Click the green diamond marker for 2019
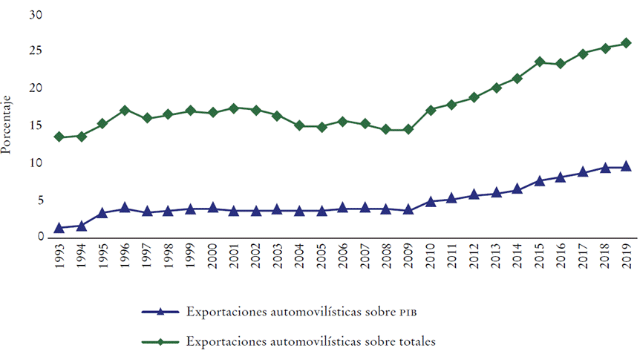625,43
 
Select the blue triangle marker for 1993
59,228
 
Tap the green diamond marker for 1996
125,111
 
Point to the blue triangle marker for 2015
540,180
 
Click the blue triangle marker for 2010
431,201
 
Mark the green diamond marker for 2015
540,62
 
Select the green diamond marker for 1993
59,137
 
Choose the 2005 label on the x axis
321,260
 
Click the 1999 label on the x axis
190,260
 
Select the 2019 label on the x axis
626,260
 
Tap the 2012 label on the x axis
474,260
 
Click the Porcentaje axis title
7,127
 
